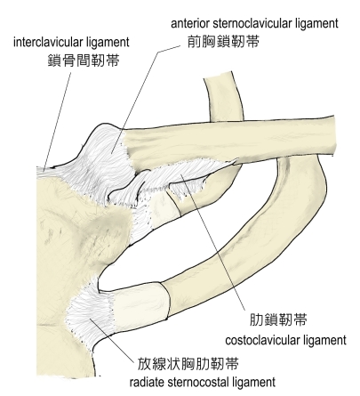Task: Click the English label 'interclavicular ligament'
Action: click(71, 43)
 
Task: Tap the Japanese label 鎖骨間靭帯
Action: click(84, 61)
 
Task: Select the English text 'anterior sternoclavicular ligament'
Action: click(254, 23)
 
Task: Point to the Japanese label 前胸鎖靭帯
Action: click(223, 42)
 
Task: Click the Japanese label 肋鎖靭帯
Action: click(278, 320)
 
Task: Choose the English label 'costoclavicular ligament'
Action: click(285, 340)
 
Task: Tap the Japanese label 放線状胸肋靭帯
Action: click(188, 364)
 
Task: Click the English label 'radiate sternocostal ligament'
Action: click(203, 382)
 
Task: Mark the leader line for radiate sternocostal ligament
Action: click(112, 340)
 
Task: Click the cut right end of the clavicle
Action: click(335, 135)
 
